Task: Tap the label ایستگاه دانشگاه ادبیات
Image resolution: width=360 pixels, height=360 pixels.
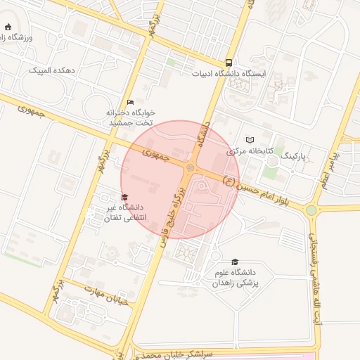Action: (x=229, y=73)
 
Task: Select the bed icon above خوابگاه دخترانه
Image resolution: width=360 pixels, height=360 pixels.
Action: (x=129, y=101)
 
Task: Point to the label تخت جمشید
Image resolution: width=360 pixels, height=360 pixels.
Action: (x=131, y=122)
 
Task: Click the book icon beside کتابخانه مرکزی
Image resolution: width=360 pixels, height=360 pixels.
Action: (x=250, y=140)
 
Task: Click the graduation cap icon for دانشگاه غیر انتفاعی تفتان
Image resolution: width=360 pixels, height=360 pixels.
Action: (x=124, y=197)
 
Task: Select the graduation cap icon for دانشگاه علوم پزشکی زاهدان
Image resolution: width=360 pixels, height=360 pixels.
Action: (x=235, y=261)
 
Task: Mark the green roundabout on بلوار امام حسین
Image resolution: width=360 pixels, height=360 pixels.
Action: (x=311, y=209)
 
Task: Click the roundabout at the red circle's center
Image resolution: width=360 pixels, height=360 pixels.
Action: (x=191, y=167)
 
